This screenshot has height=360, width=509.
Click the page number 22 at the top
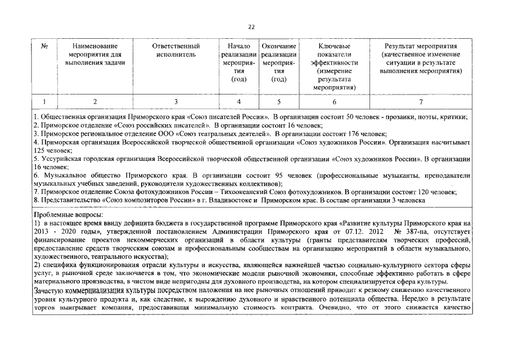tap(251, 27)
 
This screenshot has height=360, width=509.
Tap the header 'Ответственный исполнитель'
tap(176, 50)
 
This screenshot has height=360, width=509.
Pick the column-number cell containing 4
tap(239, 102)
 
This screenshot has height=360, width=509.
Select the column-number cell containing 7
tap(420, 102)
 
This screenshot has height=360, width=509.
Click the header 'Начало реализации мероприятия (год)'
tap(239, 62)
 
